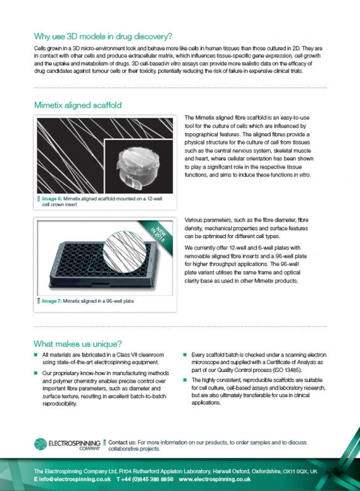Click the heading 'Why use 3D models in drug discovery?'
(103, 36)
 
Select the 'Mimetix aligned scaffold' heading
(78, 105)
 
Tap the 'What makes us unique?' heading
(78, 344)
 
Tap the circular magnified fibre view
(125, 252)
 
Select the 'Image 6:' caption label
(52, 199)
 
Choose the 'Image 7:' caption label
(52, 301)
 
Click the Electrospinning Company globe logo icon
(41, 444)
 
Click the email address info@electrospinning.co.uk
(75, 479)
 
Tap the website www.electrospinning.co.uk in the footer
(215, 479)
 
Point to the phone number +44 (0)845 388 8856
(147, 479)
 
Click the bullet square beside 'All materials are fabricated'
(36, 355)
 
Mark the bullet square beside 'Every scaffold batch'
(185, 355)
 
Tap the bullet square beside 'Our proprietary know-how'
(36, 373)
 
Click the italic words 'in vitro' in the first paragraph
(173, 64)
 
